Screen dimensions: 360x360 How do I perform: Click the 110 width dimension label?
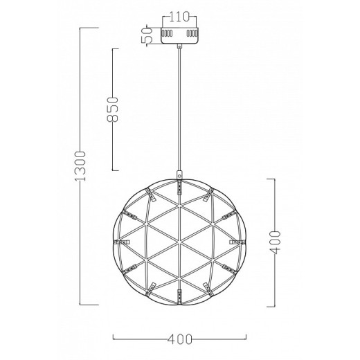pos(179,17)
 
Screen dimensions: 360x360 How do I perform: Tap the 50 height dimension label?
pos(147,35)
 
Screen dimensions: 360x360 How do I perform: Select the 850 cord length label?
pos(113,109)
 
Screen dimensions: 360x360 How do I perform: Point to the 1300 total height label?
pos(80,166)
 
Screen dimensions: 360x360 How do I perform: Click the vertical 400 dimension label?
pos(275,242)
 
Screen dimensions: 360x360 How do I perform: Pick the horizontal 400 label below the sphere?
pos(179,339)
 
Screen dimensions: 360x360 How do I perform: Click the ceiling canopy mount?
pos(179,35)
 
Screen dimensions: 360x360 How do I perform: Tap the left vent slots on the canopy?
pos(167,33)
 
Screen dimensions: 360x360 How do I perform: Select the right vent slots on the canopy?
pos(192,33)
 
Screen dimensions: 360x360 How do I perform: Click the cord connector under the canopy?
pos(179,46)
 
